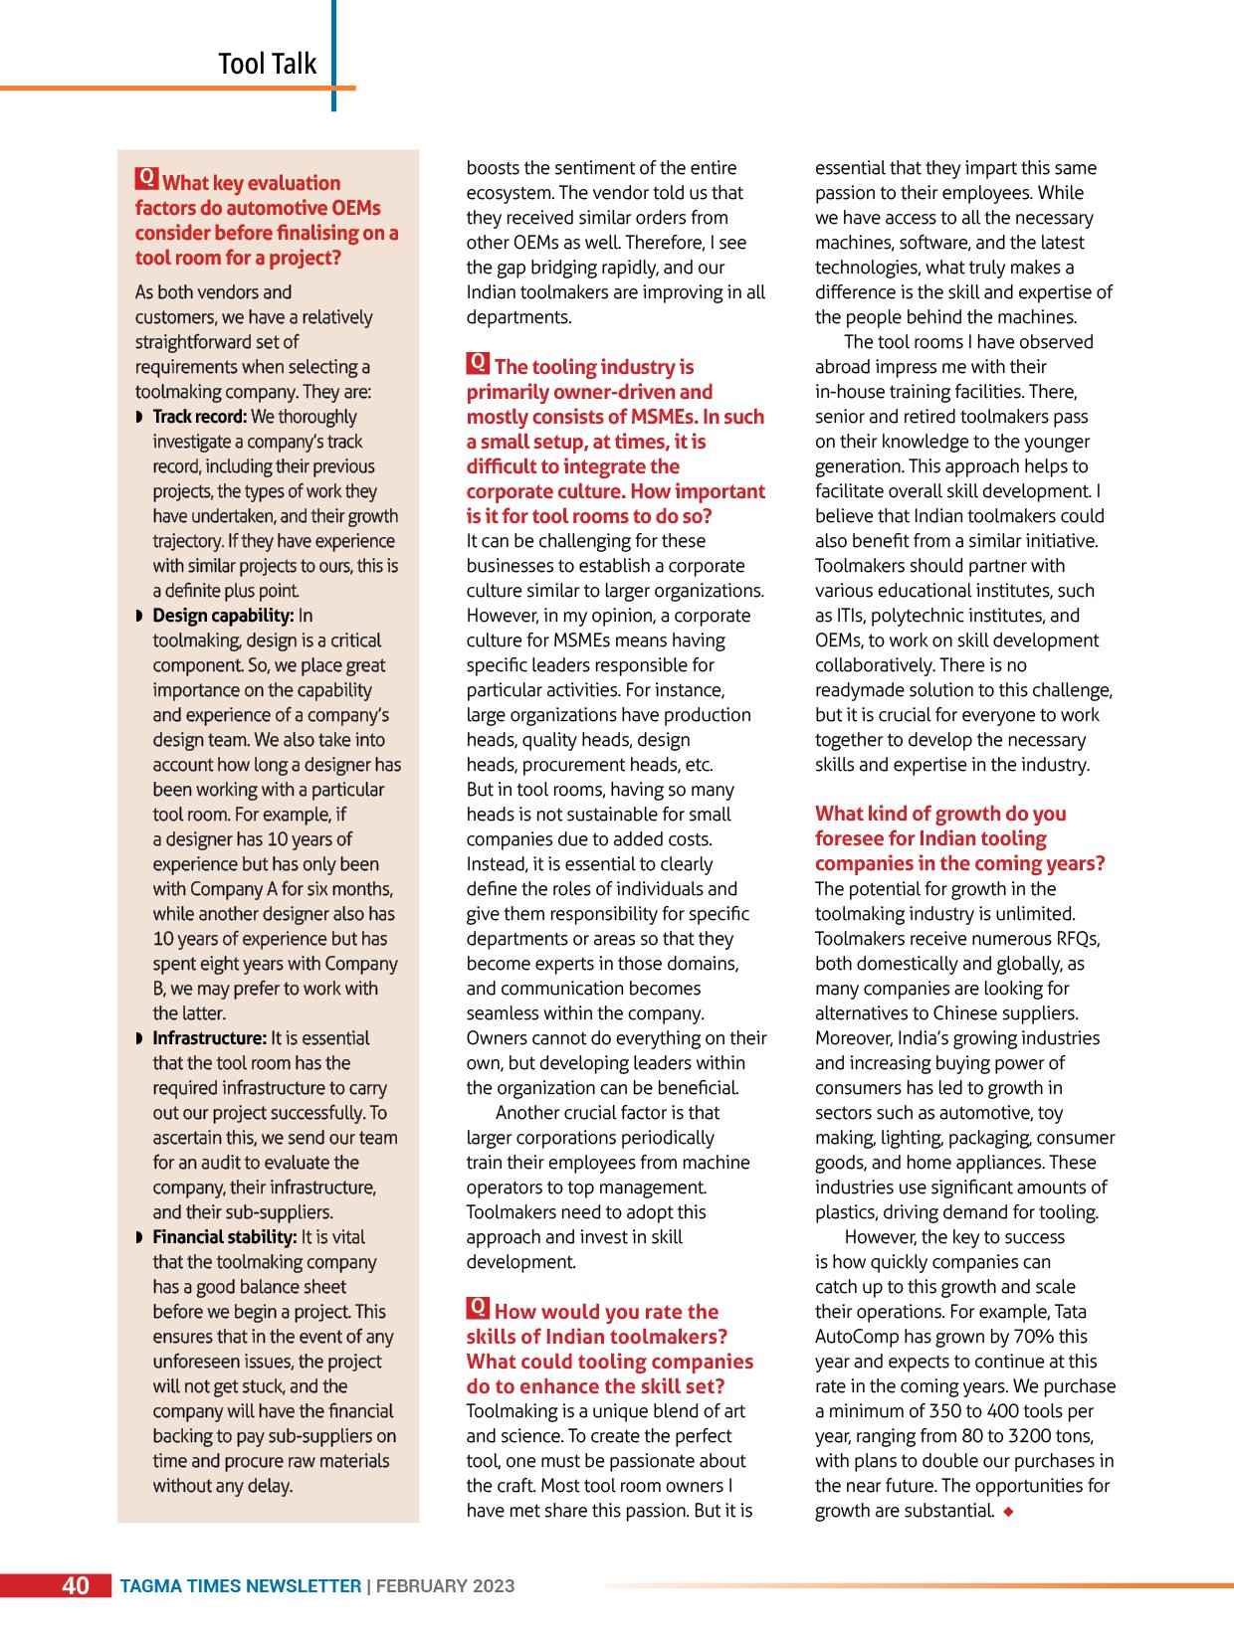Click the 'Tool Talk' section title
pyautogui.click(x=267, y=64)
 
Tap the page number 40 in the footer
pyautogui.click(x=76, y=1585)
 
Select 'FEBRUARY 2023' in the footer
pyautogui.click(x=445, y=1586)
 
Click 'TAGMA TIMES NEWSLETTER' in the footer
pyautogui.click(x=241, y=1586)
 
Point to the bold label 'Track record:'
pyautogui.click(x=199, y=417)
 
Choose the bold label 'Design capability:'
pyautogui.click(x=223, y=616)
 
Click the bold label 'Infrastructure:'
pyautogui.click(x=209, y=1038)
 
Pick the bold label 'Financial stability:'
pyautogui.click(x=224, y=1237)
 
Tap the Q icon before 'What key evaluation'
pyautogui.click(x=147, y=179)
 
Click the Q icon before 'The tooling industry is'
pyautogui.click(x=479, y=363)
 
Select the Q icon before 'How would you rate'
pyautogui.click(x=479, y=1308)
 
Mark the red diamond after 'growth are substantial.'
pyautogui.click(x=1008, y=1512)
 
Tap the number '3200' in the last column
pyautogui.click(x=1029, y=1436)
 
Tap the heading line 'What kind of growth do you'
pyautogui.click(x=940, y=814)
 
